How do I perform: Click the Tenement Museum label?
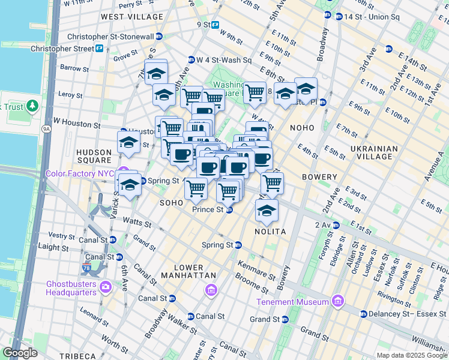click(x=292, y=301)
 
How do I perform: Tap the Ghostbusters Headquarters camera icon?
click(x=106, y=286)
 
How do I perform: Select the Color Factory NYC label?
click(x=80, y=174)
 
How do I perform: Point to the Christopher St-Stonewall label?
click(x=110, y=37)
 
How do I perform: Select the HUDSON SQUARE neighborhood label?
click(x=94, y=157)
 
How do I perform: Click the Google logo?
click(x=20, y=353)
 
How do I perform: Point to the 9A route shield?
click(x=46, y=128)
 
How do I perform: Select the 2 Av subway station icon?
click(x=336, y=225)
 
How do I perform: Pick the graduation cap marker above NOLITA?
click(x=267, y=211)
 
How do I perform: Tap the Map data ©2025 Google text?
click(x=411, y=355)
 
